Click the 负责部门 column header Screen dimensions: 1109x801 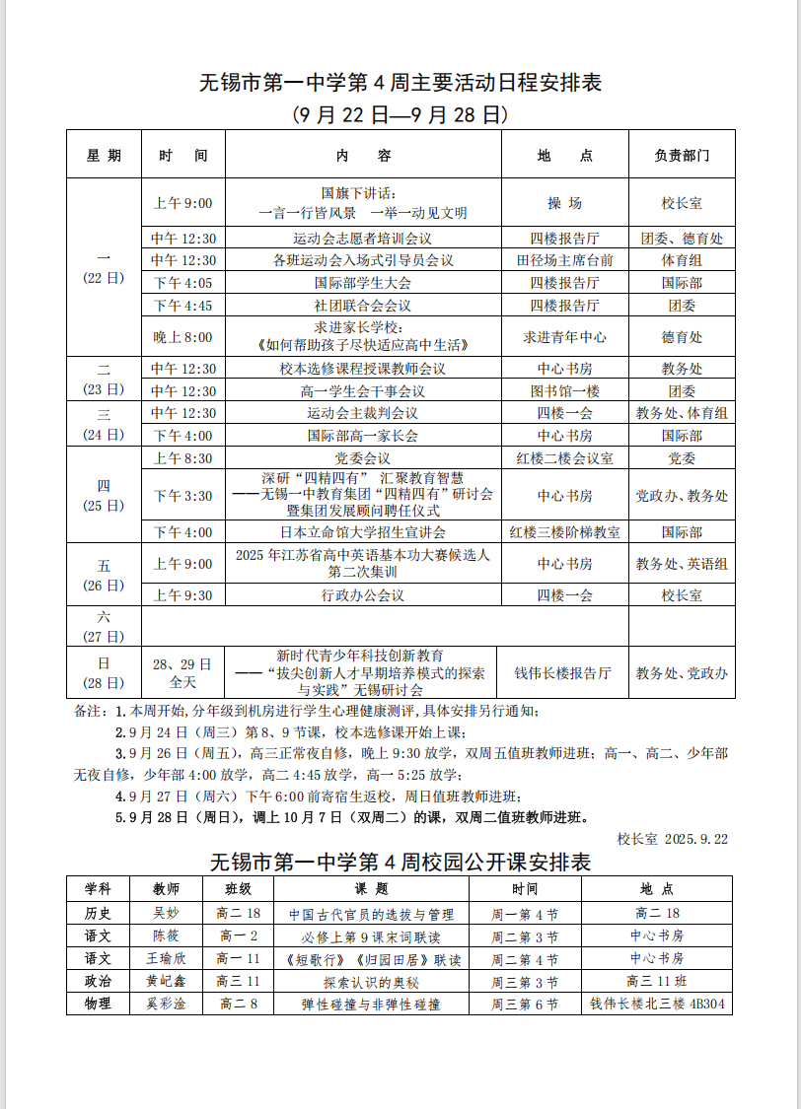point(682,156)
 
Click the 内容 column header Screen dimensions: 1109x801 point(363,156)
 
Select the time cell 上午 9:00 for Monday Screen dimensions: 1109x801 point(183,204)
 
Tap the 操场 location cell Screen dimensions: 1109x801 point(565,204)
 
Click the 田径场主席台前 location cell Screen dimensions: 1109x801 point(565,260)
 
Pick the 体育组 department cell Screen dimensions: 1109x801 point(682,260)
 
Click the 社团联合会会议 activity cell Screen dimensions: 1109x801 point(363,306)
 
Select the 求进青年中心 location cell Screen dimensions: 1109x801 point(565,337)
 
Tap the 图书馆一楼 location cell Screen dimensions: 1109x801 point(565,391)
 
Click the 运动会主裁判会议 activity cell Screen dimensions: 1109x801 point(363,413)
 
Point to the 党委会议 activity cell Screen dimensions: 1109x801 point(363,458)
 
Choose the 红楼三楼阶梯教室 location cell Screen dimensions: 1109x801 point(565,532)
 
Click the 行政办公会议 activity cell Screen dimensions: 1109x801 point(363,595)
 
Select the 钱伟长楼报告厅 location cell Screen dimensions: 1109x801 point(563,673)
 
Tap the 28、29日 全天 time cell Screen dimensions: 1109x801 point(183,673)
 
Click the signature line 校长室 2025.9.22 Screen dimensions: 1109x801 point(673,839)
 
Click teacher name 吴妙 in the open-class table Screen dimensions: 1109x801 point(167,914)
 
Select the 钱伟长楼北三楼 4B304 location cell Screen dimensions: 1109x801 point(657,1005)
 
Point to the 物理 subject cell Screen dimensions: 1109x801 point(99,1005)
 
